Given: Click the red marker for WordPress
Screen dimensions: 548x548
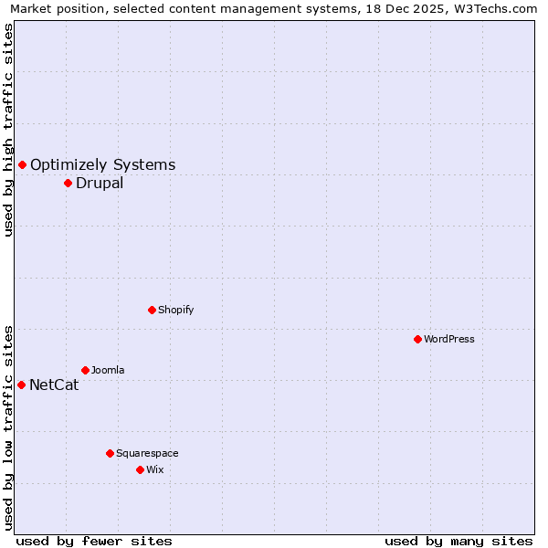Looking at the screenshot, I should (x=417, y=339).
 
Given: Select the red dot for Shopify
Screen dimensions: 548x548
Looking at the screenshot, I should (x=152, y=310).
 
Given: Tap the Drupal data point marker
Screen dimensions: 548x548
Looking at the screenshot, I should (x=68, y=183).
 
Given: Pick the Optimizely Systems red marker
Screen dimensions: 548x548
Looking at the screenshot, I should (x=22, y=164).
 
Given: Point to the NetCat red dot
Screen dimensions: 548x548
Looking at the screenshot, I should (x=21, y=385).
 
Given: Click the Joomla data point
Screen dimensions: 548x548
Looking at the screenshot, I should (x=85, y=370).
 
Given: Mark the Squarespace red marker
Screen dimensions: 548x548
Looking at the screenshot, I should (x=110, y=453).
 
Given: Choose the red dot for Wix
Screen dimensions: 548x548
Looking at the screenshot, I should (x=140, y=469).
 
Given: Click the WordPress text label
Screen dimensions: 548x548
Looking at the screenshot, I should (x=449, y=339).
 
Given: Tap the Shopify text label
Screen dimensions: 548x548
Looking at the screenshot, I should (x=176, y=310).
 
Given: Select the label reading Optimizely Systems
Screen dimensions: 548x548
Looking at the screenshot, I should (x=103, y=164).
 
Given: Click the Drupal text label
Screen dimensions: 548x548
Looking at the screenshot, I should (x=100, y=183).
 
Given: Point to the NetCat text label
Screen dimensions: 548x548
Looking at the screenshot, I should (x=54, y=385).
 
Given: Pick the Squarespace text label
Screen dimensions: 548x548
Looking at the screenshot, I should (x=147, y=453).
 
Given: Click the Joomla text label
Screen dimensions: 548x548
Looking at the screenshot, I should (x=108, y=370).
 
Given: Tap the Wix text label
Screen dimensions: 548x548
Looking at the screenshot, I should (x=154, y=469).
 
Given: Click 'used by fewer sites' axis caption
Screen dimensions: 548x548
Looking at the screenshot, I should (x=94, y=541).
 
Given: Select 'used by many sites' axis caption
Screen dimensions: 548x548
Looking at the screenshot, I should (x=458, y=541).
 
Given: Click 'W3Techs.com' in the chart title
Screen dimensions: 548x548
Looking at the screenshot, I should (x=494, y=9).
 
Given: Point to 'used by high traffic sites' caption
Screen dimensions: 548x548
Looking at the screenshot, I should (x=9, y=130).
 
